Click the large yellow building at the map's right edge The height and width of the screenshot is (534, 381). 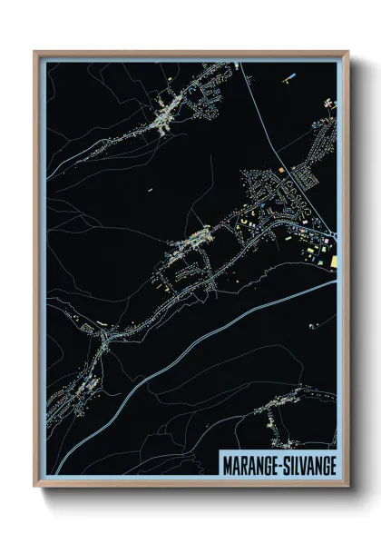point(333,262)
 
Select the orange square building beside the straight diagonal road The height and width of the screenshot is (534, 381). point(282,170)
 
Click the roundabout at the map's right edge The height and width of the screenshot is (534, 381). point(332,238)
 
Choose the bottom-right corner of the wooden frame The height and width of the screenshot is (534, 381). point(347,484)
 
